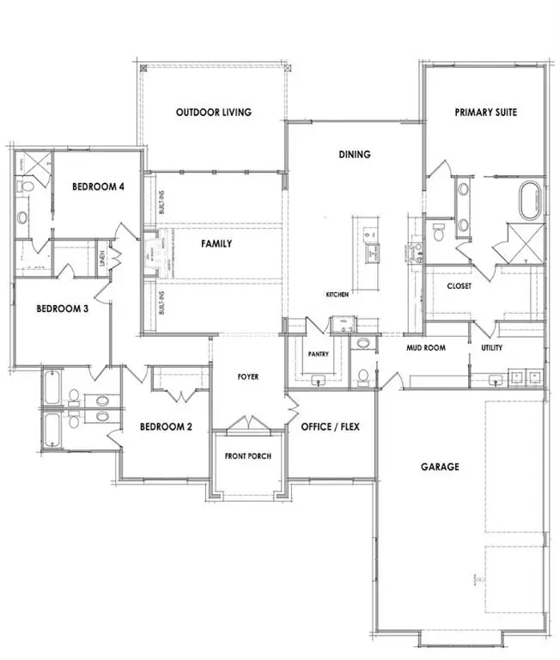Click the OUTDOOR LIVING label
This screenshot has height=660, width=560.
(x=213, y=113)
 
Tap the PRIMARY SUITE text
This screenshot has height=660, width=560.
(x=486, y=113)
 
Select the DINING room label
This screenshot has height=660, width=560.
(x=354, y=156)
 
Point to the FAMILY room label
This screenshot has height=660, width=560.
(x=216, y=244)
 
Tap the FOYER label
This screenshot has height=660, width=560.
(x=248, y=377)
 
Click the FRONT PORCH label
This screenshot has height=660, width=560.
(x=248, y=455)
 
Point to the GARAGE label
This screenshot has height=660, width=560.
(x=440, y=467)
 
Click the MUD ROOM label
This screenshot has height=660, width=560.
(x=425, y=348)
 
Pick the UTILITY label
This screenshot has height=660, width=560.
(x=491, y=348)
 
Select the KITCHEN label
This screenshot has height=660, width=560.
(x=337, y=295)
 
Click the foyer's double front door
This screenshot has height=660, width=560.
(x=248, y=424)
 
